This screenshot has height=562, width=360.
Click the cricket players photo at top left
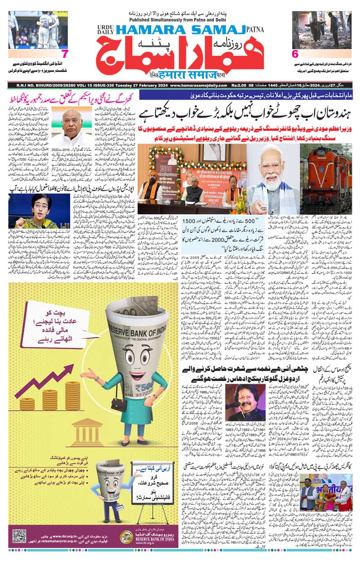pyautogui.click(x=37, y=29)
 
